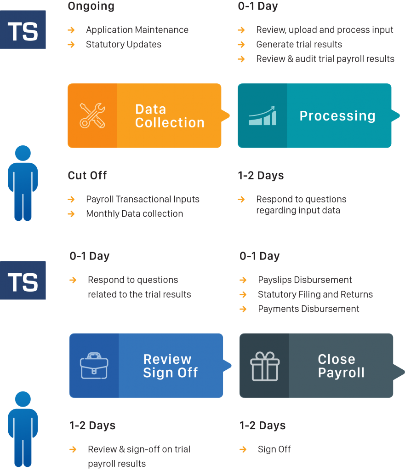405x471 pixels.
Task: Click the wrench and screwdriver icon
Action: tap(92, 115)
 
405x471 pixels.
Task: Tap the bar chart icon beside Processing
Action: tap(262, 116)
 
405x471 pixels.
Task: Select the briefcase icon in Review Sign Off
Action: tap(94, 366)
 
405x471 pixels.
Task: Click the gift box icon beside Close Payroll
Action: tap(265, 366)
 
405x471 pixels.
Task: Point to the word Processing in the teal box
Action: tap(337, 116)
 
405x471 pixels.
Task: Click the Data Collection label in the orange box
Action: tap(170, 116)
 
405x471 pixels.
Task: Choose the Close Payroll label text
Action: tap(341, 366)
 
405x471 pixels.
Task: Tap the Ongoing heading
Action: tap(91, 6)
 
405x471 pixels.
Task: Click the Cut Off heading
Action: tap(87, 175)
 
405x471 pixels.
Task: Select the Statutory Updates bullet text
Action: tap(124, 45)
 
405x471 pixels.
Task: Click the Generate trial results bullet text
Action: tap(299, 45)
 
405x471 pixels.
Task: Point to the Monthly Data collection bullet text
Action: tap(134, 214)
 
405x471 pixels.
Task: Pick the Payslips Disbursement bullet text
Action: tap(305, 280)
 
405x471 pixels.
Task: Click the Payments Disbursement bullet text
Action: tap(308, 309)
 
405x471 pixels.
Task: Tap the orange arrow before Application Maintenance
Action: tap(71, 30)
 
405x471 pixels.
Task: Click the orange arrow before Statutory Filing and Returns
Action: tap(243, 295)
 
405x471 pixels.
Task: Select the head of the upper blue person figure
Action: tap(23, 153)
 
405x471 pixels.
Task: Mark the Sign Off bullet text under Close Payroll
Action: tap(274, 449)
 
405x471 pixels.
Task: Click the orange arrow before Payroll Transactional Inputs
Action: tap(71, 200)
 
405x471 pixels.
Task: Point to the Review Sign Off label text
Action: tap(170, 366)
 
